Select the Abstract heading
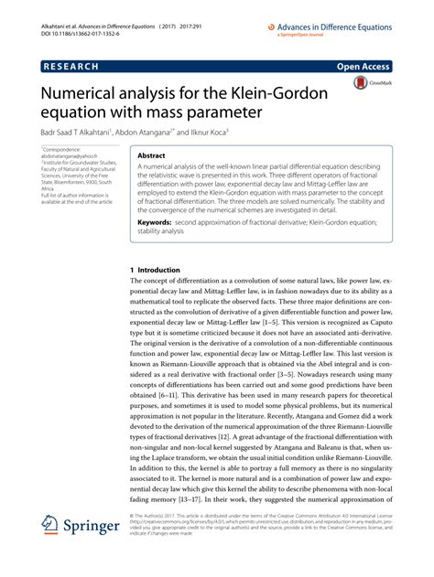coord(150,156)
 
